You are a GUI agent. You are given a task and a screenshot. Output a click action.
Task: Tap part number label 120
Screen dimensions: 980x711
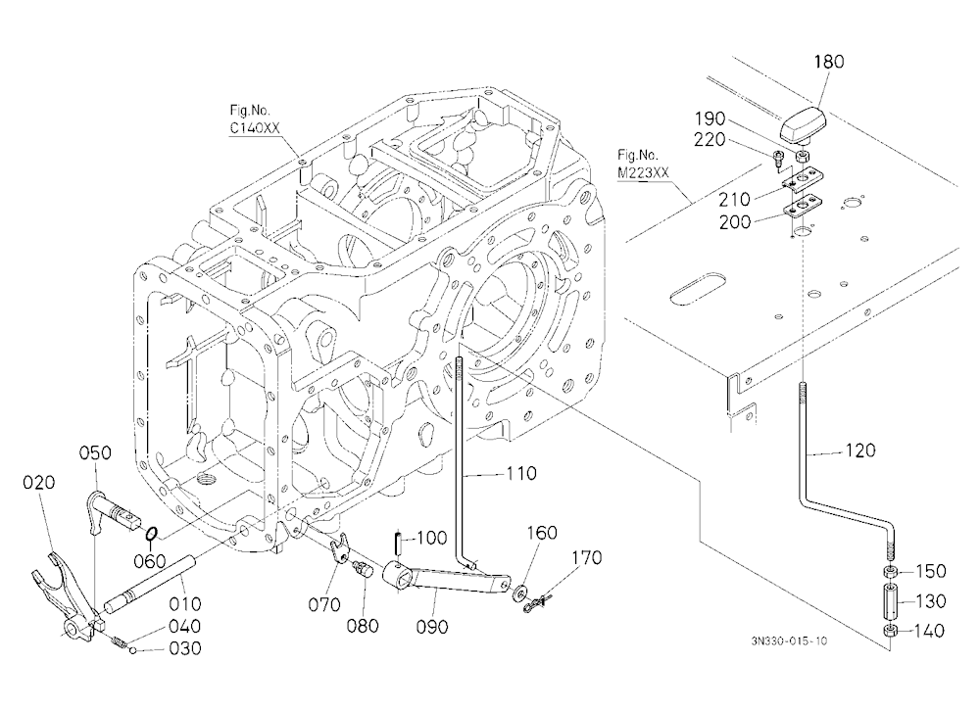[x=860, y=450]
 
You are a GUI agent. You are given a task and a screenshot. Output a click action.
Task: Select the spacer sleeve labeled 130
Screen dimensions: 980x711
[x=891, y=600]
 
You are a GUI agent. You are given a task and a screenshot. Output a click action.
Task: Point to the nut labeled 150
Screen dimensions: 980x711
[x=891, y=571]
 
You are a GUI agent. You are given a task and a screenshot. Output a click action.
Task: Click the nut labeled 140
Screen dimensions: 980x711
[x=891, y=631]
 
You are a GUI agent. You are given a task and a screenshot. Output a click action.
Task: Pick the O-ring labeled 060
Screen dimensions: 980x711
[x=152, y=534]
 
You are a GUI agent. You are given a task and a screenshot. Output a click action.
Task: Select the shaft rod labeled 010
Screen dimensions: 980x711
[x=150, y=585]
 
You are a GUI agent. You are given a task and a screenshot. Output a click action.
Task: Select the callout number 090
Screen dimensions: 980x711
[x=432, y=627]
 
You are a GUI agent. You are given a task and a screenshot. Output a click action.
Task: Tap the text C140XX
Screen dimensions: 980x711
[x=255, y=128]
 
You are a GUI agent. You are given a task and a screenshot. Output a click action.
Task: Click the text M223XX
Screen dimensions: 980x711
[x=643, y=173]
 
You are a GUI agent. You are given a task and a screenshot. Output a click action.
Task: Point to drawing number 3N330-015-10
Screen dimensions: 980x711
[x=789, y=641]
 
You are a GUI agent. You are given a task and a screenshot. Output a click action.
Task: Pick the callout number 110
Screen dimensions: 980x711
[x=520, y=474]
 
